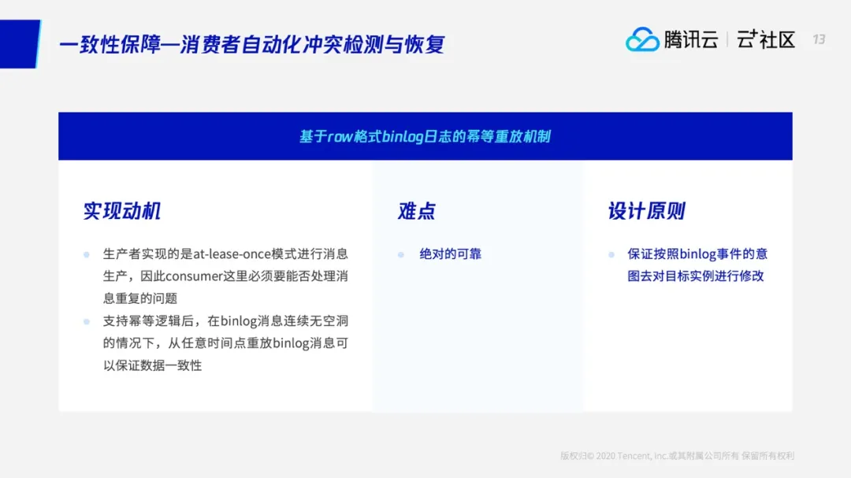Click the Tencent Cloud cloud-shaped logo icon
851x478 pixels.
pyautogui.click(x=642, y=39)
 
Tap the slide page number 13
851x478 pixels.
pyautogui.click(x=819, y=39)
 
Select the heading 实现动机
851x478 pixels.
pyautogui.click(x=122, y=211)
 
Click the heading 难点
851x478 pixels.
pyautogui.click(x=417, y=211)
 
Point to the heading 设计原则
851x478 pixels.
pyautogui.click(x=646, y=211)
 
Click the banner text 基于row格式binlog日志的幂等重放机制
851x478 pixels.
pyautogui.click(x=425, y=137)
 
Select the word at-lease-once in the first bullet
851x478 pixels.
pyautogui.click(x=232, y=254)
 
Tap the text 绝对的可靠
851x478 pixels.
pyautogui.click(x=451, y=254)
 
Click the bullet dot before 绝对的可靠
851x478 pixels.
pyautogui.click(x=401, y=254)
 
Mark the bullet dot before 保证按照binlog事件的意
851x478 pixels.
pyautogui.click(x=611, y=254)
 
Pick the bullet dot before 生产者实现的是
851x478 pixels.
pyautogui.click(x=87, y=254)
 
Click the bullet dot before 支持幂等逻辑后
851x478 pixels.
pyautogui.click(x=87, y=322)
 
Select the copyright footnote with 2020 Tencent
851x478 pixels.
pyautogui.click(x=678, y=456)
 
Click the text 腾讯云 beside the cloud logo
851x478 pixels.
pyautogui.click(x=691, y=39)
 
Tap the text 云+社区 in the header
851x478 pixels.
pyautogui.click(x=766, y=39)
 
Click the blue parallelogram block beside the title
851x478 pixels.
pyautogui.click(x=20, y=44)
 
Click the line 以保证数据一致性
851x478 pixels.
pyautogui.click(x=153, y=365)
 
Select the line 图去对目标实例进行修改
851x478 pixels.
pyautogui.click(x=696, y=276)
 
